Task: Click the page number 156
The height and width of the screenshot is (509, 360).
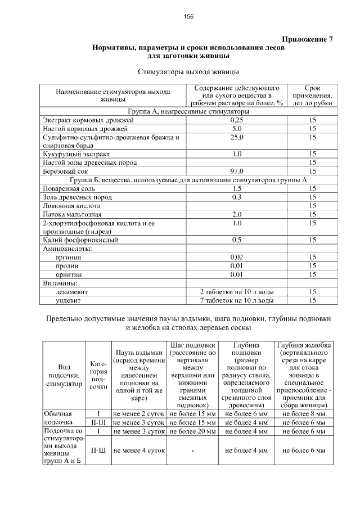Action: coord(188,17)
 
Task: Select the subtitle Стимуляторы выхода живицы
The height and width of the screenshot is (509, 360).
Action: coord(188,72)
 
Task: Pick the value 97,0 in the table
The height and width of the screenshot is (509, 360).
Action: coord(237,171)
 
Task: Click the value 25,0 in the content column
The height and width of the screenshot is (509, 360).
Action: coord(237,137)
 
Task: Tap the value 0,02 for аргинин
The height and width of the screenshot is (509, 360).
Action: coord(237,257)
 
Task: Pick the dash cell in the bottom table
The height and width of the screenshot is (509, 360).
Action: coord(192,451)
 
